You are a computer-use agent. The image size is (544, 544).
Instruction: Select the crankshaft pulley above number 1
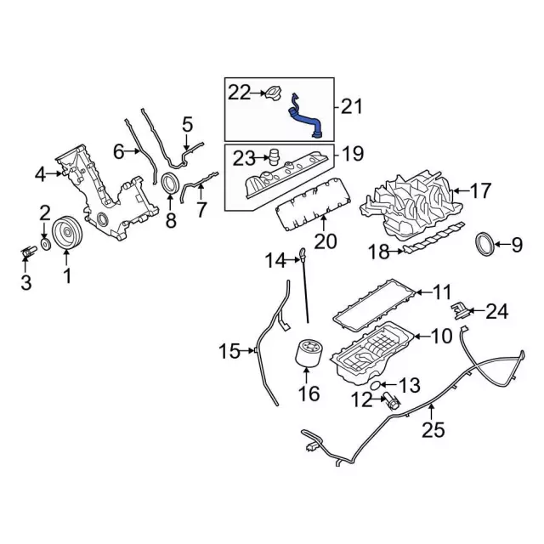tap(65, 232)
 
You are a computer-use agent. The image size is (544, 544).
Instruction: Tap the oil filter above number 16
tap(309, 357)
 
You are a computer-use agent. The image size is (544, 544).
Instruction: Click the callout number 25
tap(433, 430)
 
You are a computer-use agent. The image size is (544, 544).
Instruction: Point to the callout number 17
tap(480, 191)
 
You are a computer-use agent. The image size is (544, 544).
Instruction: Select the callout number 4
tap(40, 175)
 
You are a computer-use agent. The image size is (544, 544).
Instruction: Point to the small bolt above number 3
tap(27, 252)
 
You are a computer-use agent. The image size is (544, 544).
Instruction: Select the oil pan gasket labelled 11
tap(374, 303)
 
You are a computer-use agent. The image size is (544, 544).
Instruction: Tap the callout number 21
tap(352, 106)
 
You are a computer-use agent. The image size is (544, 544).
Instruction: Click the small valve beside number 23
tap(275, 157)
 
